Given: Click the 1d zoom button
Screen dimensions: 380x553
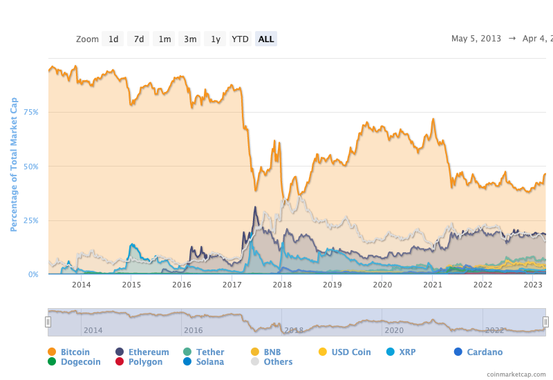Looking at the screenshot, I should click(113, 39).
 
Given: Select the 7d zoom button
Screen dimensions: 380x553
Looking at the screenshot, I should click(139, 39).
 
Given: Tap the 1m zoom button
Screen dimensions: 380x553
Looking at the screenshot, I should click(165, 39).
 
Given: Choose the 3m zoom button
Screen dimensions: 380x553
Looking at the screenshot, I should click(190, 39).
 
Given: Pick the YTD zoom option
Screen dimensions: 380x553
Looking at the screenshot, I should click(240, 39).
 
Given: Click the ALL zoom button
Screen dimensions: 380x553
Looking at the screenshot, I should click(266, 39).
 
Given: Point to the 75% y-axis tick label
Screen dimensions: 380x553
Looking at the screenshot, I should click(32, 112).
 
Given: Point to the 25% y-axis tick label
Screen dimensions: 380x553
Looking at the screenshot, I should click(32, 220).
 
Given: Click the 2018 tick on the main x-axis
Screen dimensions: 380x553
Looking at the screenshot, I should click(282, 285).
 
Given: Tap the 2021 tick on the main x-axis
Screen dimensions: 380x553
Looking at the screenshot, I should click(433, 285).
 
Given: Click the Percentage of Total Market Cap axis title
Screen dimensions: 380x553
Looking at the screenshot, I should click(14, 164).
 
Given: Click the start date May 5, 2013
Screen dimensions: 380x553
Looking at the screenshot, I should click(476, 39).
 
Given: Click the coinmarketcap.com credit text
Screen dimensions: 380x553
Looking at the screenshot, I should click(516, 374).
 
